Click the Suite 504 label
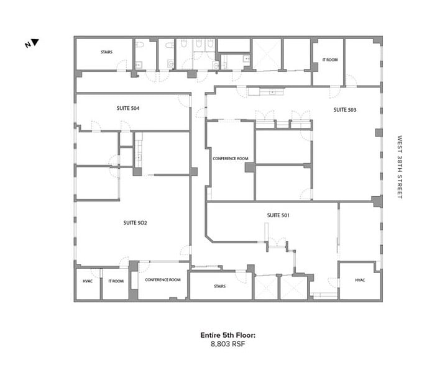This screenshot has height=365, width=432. (x=127, y=108)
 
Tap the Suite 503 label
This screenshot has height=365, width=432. (x=345, y=110)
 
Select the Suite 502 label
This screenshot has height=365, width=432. (x=135, y=222)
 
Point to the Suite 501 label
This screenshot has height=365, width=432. (x=278, y=215)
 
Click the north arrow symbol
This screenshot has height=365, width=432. (x=35, y=43)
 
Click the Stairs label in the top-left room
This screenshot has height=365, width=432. (x=106, y=52)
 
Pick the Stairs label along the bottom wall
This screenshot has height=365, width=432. (x=219, y=286)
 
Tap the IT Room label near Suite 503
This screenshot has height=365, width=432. (x=329, y=60)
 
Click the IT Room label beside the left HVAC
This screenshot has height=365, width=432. (x=116, y=281)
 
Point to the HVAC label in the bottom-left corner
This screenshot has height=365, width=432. (x=88, y=281)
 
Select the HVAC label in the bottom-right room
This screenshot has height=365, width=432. (x=360, y=280)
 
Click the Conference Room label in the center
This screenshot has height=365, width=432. (x=230, y=159)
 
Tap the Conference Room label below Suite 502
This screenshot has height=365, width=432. (x=163, y=280)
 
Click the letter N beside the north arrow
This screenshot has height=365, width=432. (x=27, y=45)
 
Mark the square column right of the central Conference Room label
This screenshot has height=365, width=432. (x=249, y=168)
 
